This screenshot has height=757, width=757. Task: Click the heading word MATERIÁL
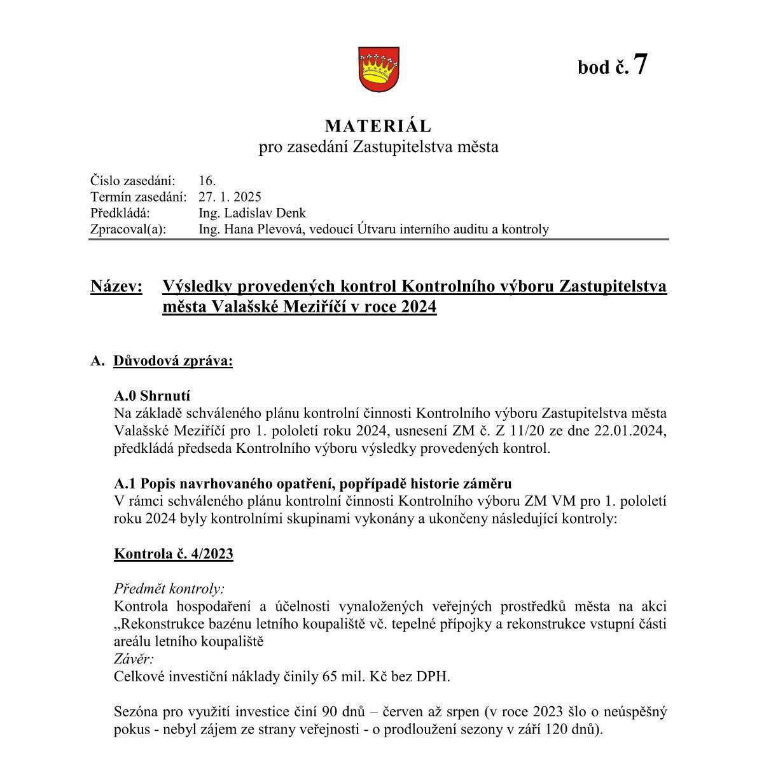(x=378, y=126)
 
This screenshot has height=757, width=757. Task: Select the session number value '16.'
(x=207, y=181)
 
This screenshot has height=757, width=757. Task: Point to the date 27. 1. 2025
(x=230, y=197)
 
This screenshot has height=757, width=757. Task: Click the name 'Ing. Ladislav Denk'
(x=252, y=213)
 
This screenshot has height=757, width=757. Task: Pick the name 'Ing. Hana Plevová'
(x=253, y=230)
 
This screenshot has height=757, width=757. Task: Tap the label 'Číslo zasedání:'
(x=133, y=181)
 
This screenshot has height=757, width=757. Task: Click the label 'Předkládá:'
(x=120, y=213)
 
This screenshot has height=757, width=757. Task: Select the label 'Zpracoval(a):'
(x=128, y=230)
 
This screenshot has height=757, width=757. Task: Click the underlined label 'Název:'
(x=116, y=287)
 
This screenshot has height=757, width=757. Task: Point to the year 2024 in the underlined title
(x=417, y=307)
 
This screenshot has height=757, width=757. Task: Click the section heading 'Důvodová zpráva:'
(x=173, y=361)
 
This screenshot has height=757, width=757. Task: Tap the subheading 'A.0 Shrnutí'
(x=153, y=396)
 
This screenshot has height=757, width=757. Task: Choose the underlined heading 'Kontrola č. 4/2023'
(x=174, y=554)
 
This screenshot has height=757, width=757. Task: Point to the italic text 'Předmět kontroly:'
(x=169, y=589)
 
